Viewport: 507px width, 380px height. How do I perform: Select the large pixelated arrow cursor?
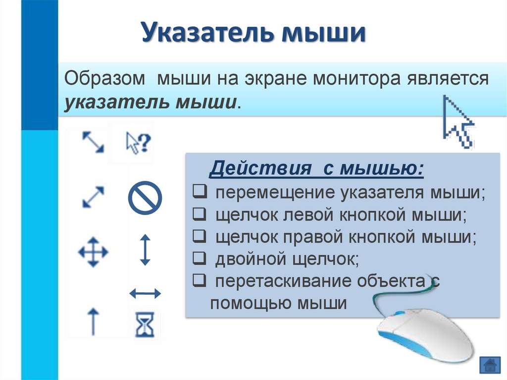[458, 122]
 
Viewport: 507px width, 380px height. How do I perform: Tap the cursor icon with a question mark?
[138, 144]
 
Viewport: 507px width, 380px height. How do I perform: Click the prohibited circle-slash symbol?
[145, 197]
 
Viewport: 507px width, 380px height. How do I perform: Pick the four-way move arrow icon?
[93, 252]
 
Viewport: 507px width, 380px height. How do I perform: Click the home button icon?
[490, 365]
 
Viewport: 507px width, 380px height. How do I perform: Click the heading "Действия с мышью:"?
[316, 168]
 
